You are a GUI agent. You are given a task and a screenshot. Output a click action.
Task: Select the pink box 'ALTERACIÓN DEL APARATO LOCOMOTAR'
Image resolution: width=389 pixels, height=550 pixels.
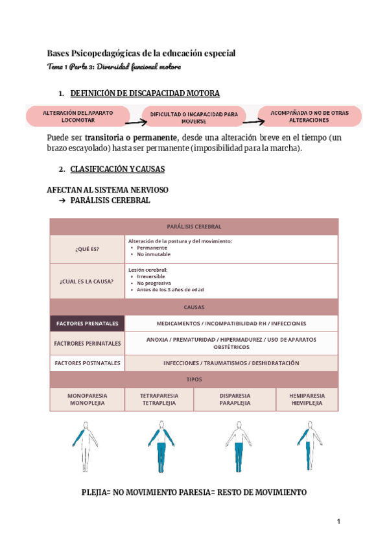point(78,116)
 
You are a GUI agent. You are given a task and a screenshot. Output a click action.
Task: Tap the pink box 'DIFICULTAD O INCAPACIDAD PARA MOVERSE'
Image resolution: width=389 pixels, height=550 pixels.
point(194,117)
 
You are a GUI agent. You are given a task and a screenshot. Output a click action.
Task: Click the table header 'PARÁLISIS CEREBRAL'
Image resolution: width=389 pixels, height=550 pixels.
point(194,226)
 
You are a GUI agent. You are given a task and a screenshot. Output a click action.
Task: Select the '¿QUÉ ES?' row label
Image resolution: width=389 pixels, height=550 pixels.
point(88,249)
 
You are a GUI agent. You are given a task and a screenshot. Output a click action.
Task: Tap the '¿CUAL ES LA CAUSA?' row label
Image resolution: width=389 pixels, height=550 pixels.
point(88,281)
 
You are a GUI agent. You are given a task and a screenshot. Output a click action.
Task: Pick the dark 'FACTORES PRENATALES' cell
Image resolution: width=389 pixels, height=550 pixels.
point(88,323)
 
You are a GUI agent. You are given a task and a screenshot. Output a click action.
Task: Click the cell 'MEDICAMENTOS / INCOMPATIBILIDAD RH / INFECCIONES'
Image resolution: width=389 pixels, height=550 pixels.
point(231,323)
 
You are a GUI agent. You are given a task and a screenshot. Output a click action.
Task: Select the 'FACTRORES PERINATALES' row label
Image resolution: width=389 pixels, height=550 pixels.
point(88,343)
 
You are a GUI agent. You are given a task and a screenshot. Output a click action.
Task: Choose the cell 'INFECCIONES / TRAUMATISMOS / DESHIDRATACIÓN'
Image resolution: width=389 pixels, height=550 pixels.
point(231,363)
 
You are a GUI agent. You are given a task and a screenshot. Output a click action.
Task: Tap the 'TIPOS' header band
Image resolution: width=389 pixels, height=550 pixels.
point(194,379)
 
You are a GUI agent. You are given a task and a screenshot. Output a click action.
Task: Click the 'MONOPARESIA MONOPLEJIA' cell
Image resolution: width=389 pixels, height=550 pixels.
point(88,399)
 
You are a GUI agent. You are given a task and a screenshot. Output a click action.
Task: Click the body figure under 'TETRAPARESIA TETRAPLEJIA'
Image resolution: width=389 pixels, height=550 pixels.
point(159,446)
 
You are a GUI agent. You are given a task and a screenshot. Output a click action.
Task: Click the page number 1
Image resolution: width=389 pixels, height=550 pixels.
point(338,522)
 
